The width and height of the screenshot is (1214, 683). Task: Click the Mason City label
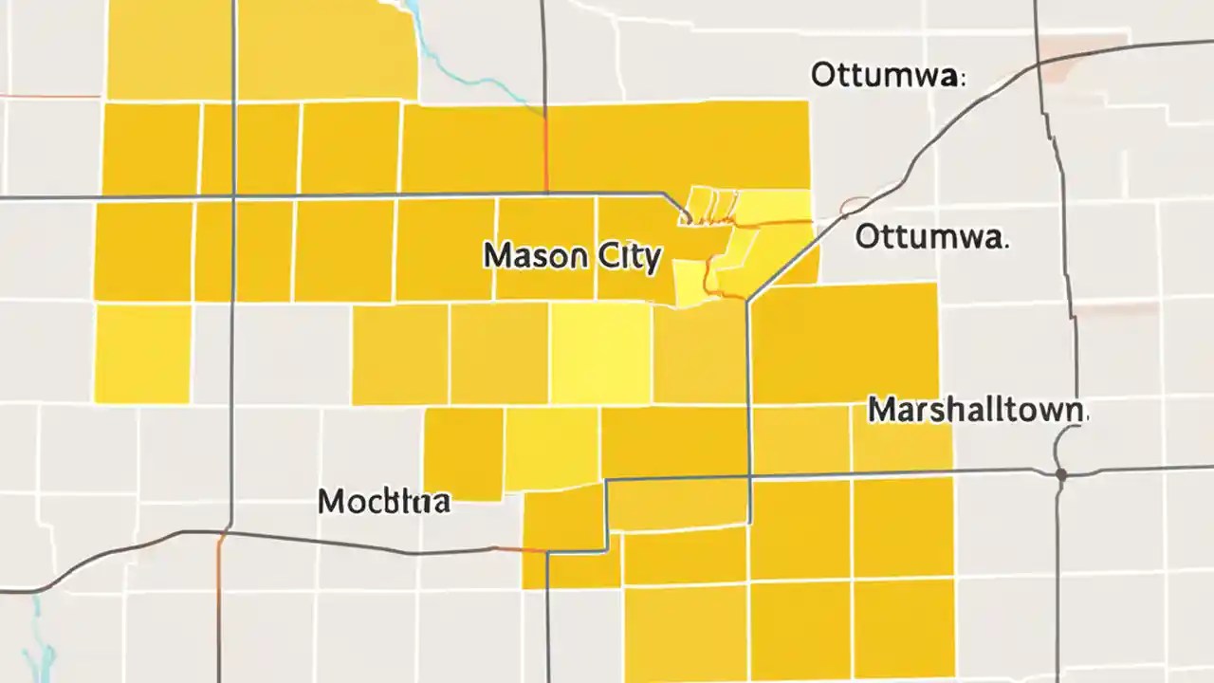tap(571, 257)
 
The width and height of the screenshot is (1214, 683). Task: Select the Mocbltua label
tap(384, 501)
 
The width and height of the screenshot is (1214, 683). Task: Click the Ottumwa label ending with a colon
tap(888, 76)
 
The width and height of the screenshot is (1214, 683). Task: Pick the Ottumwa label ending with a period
tap(931, 237)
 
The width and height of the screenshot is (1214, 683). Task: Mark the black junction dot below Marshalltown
tap(1060, 472)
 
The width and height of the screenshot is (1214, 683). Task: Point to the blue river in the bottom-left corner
tap(43, 636)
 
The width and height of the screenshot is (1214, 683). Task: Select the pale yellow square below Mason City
tap(599, 352)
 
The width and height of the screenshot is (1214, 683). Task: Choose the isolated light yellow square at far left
tap(142, 352)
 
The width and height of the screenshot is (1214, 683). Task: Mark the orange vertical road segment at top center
tap(546, 152)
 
